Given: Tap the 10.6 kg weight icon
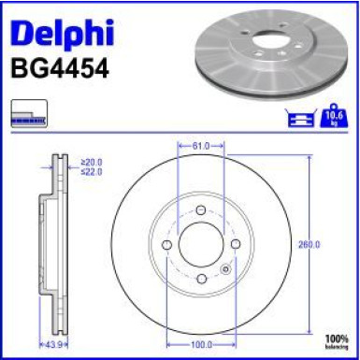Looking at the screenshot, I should [x=333, y=117].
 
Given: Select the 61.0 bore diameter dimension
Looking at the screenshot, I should [x=201, y=146].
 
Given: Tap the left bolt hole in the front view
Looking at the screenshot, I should [x=166, y=245].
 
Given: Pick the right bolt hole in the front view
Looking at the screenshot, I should [x=236, y=245].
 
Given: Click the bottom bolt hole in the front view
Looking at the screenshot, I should [x=201, y=280].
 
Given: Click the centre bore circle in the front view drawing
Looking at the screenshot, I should [x=201, y=245].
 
